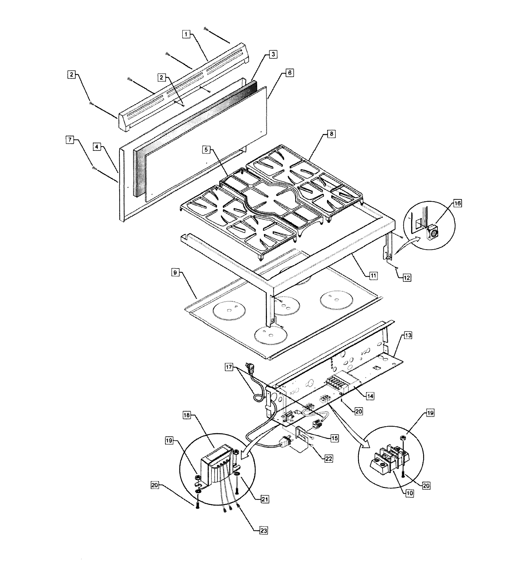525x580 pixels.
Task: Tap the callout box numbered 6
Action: coord(290,73)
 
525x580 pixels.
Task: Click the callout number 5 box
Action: coord(206,150)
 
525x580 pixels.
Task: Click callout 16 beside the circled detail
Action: coord(457,203)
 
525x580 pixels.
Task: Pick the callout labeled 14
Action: coord(370,396)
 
